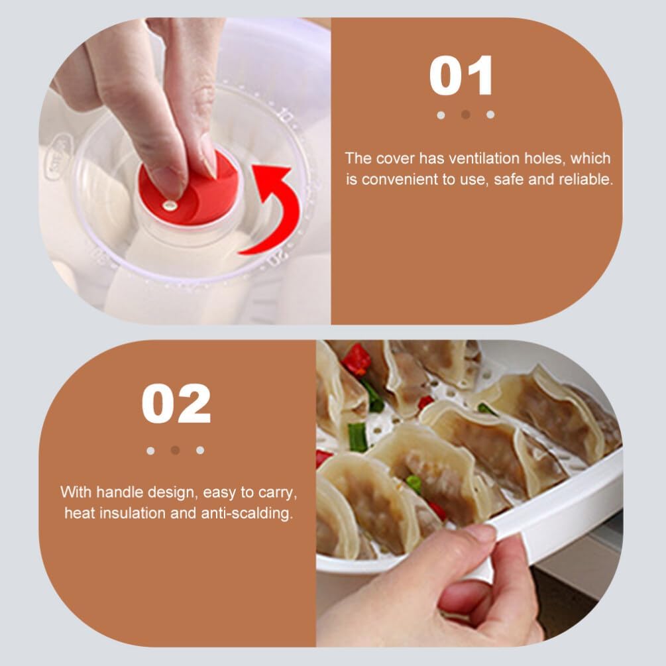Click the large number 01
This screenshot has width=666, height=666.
pyautogui.click(x=462, y=76)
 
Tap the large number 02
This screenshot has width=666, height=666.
pyautogui.click(x=176, y=404)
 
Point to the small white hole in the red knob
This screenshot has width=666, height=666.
pyautogui.click(x=168, y=207)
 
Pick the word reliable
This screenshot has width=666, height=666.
pyautogui.click(x=583, y=179)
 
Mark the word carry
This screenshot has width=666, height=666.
pyautogui.click(x=282, y=492)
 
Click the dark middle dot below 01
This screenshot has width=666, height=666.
pyautogui.click(x=465, y=115)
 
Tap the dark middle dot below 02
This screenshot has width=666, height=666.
pyautogui.click(x=175, y=451)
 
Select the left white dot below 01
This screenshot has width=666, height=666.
pyautogui.click(x=441, y=115)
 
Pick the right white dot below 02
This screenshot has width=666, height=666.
pyautogui.click(x=200, y=451)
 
